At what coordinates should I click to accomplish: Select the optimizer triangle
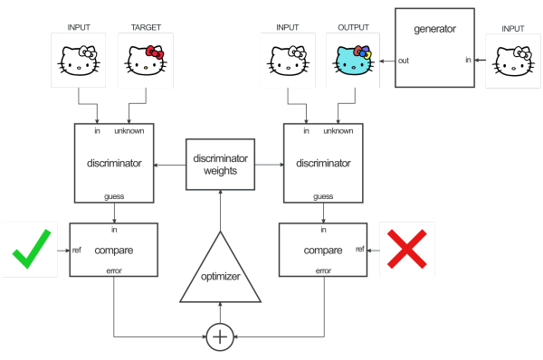[220, 269]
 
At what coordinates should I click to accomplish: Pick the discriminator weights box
[219, 164]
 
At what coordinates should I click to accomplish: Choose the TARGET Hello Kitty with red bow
[144, 61]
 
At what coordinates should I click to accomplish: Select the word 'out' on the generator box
[405, 61]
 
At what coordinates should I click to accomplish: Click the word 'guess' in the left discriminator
[114, 196]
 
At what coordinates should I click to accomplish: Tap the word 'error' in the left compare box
[115, 270]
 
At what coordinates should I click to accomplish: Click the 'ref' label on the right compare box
[360, 248]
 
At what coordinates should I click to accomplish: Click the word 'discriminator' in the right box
[323, 163]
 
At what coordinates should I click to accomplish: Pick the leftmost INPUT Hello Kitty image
[79, 61]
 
